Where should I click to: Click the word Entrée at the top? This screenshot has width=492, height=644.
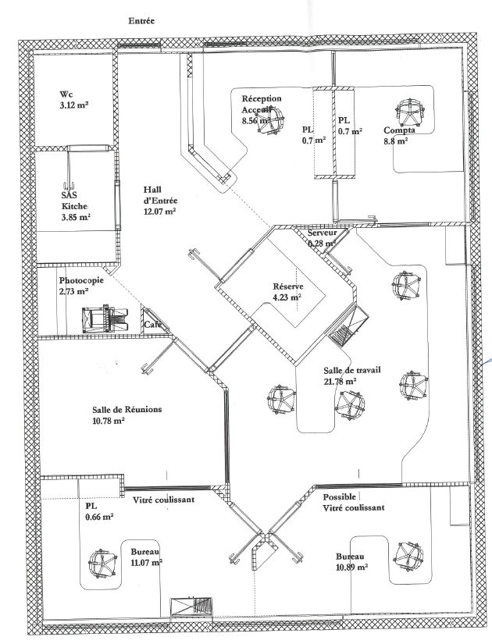pos(141,22)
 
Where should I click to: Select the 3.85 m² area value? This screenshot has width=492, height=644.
pos(77,217)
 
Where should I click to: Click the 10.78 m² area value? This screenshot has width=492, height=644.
pos(109,421)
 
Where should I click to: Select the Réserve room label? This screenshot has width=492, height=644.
pos(287,285)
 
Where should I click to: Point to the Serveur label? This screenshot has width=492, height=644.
pos(323,233)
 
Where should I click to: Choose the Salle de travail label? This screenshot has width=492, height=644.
pos(351,369)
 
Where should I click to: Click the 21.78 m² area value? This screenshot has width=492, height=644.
pos(340,381)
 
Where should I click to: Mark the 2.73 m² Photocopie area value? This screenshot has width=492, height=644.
pos(73,291)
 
